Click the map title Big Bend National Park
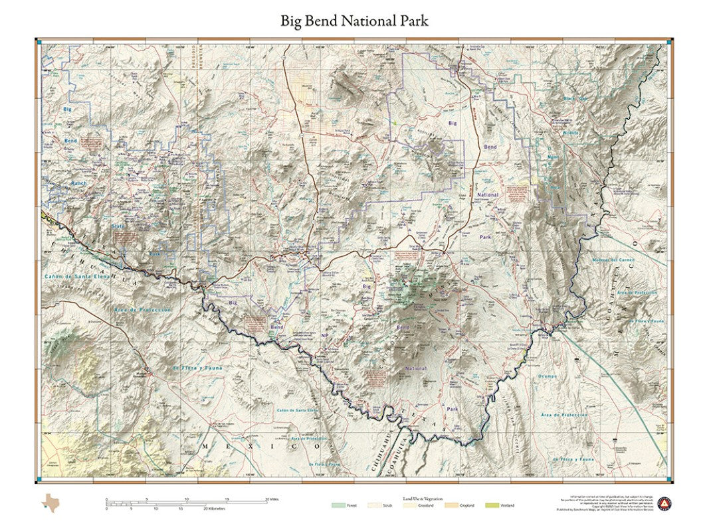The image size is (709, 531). [354, 21]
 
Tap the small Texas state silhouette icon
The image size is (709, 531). [50, 502]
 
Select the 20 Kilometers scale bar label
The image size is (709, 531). [214, 509]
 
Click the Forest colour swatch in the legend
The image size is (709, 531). [338, 505]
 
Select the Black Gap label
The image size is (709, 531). [574, 99]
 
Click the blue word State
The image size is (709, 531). [118, 226]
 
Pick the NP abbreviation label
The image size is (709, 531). [325, 337]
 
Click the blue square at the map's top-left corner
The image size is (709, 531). [40, 42]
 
